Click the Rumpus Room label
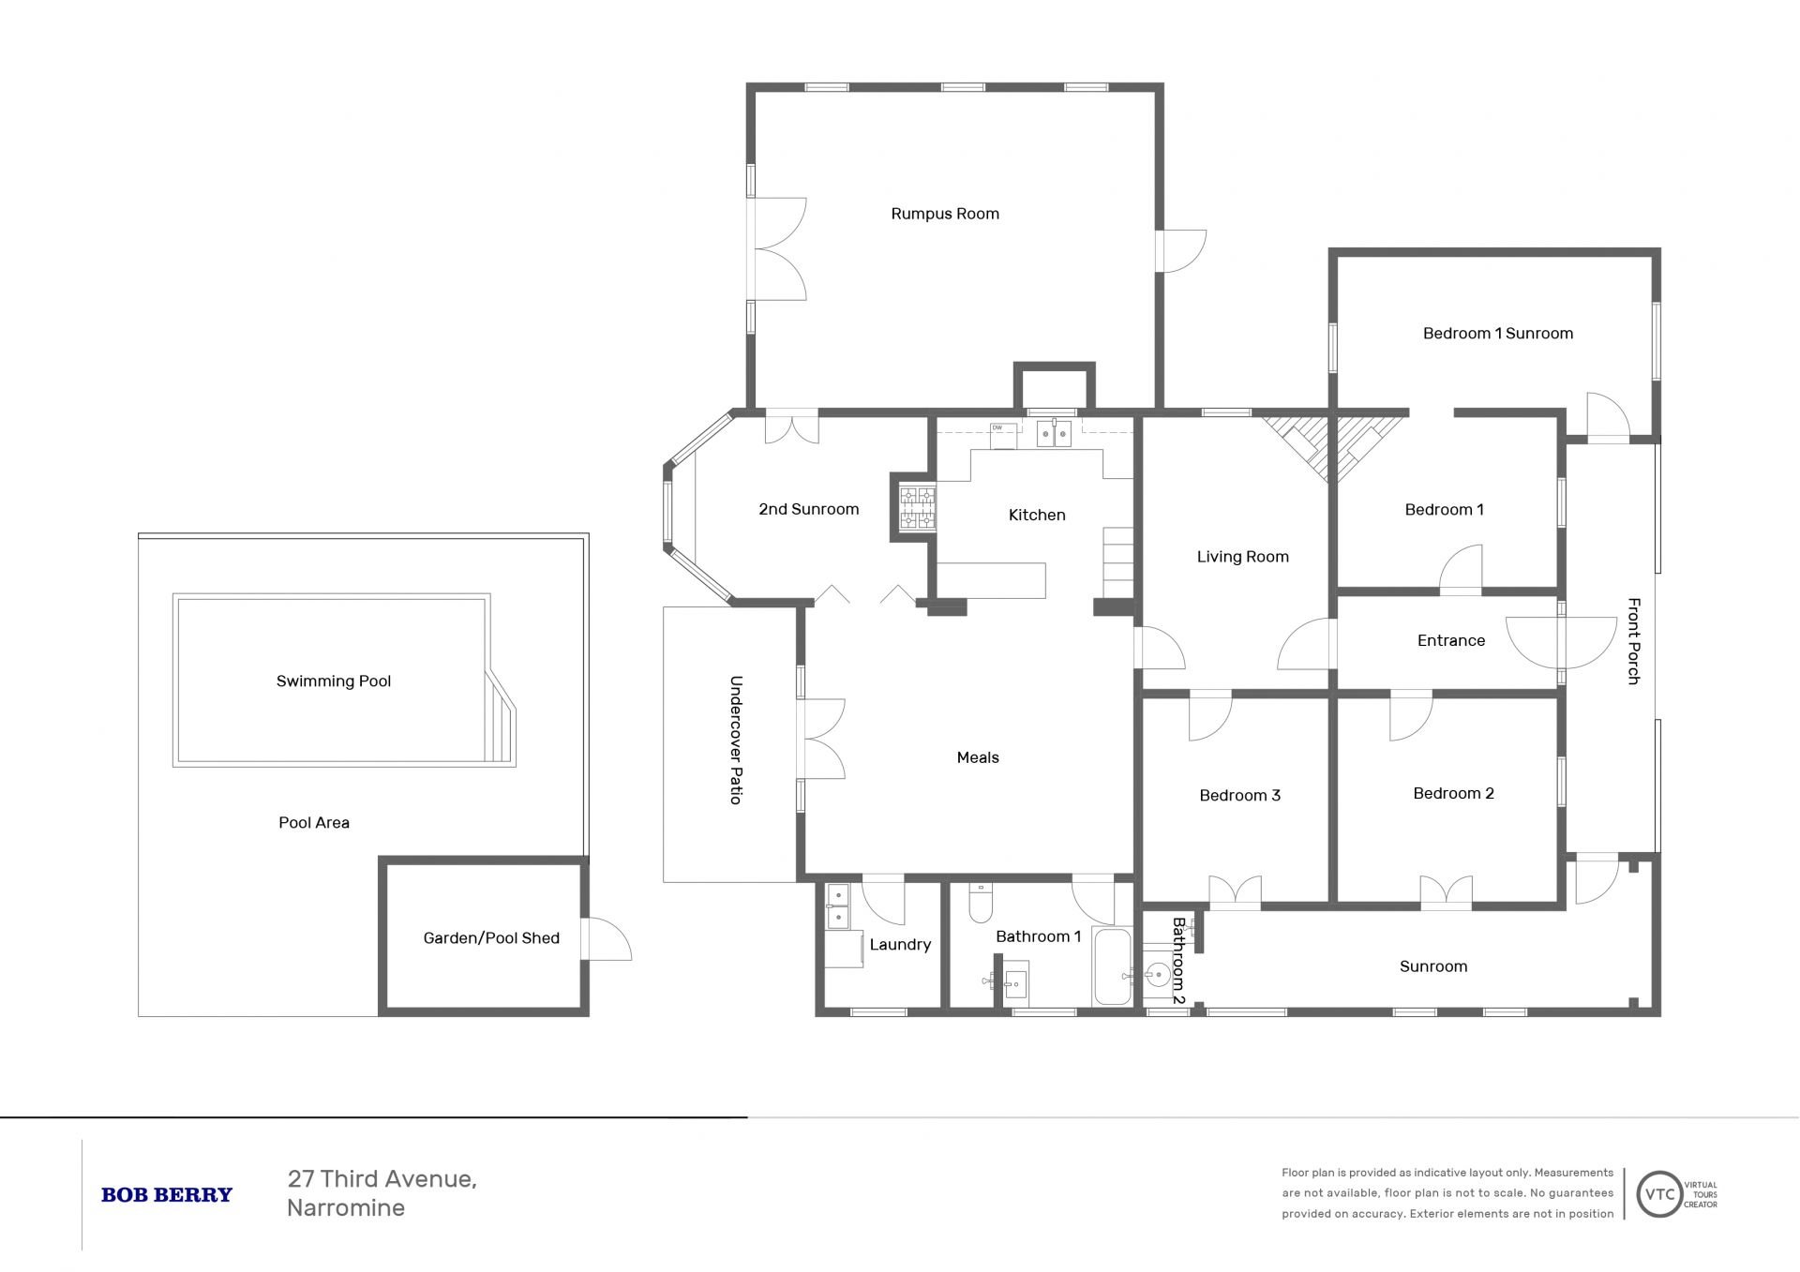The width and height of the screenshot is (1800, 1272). (x=945, y=214)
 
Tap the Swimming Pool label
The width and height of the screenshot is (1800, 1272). (x=334, y=681)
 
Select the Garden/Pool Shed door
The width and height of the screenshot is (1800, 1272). (x=607, y=938)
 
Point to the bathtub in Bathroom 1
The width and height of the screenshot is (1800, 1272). (x=1114, y=967)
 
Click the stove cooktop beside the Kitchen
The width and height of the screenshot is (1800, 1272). (x=917, y=508)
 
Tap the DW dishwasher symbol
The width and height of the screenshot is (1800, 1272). (x=1002, y=435)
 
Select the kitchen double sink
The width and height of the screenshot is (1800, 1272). (x=1055, y=433)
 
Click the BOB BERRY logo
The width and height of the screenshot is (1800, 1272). (x=167, y=1195)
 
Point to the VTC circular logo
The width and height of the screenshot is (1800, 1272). (x=1659, y=1194)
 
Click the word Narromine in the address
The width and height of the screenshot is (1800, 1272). (x=346, y=1208)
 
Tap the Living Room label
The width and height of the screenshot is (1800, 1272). (x=1243, y=557)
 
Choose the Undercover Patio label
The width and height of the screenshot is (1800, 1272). (x=736, y=740)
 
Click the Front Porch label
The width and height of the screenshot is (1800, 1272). (x=1634, y=641)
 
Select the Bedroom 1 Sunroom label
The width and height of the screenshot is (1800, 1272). (x=1498, y=334)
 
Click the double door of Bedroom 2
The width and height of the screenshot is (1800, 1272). (x=1447, y=892)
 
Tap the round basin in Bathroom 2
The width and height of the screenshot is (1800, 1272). (x=1159, y=976)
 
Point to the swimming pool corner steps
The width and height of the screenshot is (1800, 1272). (x=501, y=717)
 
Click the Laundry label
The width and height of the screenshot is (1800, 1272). (x=900, y=945)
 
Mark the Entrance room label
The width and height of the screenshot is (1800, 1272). (x=1451, y=641)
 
